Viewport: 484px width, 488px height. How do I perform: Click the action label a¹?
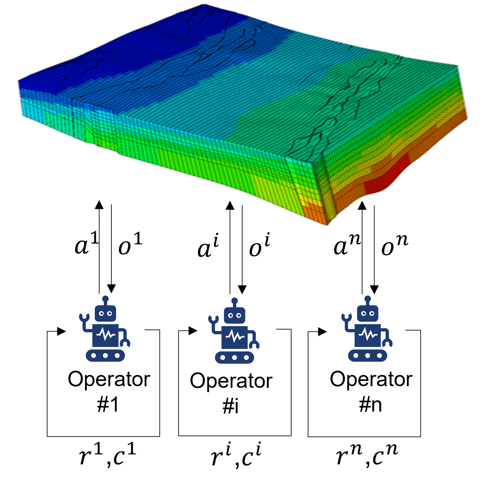click(x=87, y=243)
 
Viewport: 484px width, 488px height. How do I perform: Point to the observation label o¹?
click(x=130, y=244)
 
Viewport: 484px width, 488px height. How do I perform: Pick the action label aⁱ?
click(x=208, y=245)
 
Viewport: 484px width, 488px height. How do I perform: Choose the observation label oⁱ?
click(x=260, y=245)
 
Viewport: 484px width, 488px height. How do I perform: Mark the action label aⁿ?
click(x=347, y=244)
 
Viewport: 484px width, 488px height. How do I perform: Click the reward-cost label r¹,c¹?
click(x=107, y=454)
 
